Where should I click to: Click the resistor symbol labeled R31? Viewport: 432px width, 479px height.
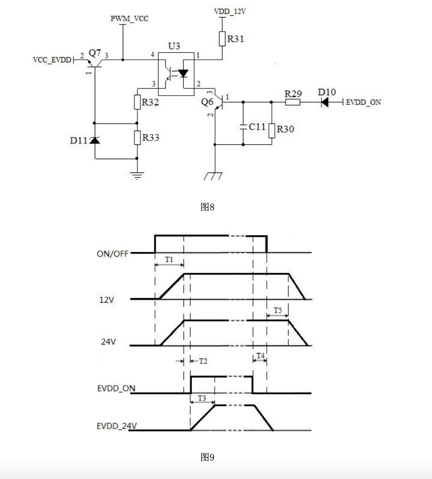point(222,39)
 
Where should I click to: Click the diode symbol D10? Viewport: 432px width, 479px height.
point(325,102)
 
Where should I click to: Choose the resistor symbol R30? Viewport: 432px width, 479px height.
point(271,130)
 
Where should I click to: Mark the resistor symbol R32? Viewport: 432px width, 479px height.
point(137,102)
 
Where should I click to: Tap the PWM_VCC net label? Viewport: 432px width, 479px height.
point(129,19)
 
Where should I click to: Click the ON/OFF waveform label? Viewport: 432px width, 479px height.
point(109,253)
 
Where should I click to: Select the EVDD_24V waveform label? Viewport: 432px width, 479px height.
point(113,426)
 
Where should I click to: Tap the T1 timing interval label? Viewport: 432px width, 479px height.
point(169,259)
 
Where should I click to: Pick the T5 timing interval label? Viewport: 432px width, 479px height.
point(278,310)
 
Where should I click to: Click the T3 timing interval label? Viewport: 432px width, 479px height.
point(202,398)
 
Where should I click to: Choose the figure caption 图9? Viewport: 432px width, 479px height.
point(207,457)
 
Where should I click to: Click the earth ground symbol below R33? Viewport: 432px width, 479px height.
point(137,175)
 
